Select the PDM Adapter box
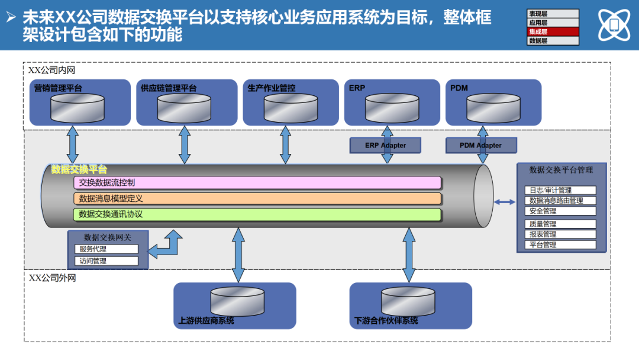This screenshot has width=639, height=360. [x=480, y=145]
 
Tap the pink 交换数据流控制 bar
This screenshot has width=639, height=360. [x=257, y=182]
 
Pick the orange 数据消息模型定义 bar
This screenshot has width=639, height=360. [x=257, y=198]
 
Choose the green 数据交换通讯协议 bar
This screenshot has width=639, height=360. [x=257, y=214]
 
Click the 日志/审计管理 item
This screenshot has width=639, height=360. [x=560, y=191]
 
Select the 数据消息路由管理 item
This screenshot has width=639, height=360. [x=560, y=201]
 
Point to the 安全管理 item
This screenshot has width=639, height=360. [x=560, y=211]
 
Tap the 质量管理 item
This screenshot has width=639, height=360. [x=560, y=224]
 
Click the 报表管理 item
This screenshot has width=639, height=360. [x=560, y=234]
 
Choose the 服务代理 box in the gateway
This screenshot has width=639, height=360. [x=106, y=249]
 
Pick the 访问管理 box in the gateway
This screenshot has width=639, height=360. [x=106, y=261]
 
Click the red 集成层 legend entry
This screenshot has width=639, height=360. [x=553, y=31]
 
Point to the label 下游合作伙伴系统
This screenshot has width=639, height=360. [x=386, y=321]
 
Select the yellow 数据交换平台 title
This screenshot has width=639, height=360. [x=79, y=170]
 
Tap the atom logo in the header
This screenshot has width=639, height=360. [x=614, y=25]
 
